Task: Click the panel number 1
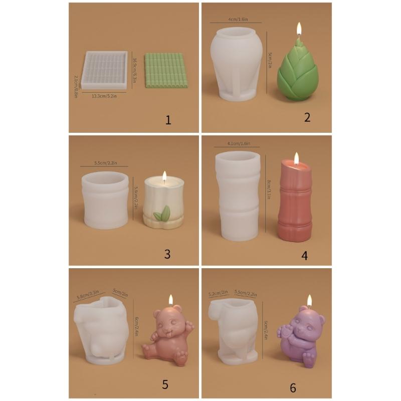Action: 168,120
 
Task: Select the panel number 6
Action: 293,387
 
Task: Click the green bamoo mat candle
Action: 165,70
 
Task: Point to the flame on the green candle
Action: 299,29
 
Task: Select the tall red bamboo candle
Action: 295,200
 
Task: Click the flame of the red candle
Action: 296,159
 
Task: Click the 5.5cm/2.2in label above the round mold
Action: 104,163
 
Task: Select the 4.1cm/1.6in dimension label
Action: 238,143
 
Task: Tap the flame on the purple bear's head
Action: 309,300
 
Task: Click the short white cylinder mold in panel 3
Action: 105,200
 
